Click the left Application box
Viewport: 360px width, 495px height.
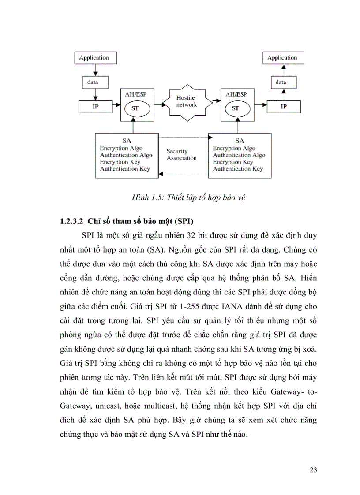coord(94,58)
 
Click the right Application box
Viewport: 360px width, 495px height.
coord(282,58)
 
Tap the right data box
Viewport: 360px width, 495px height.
coord(281,82)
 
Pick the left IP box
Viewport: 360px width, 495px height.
coord(95,107)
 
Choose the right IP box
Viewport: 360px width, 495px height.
coord(284,107)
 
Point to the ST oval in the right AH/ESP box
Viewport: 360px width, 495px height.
coord(235,108)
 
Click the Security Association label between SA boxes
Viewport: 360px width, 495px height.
coord(181,155)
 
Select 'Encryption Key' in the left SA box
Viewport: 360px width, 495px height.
coord(120,162)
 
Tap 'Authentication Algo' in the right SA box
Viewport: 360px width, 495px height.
coord(239,155)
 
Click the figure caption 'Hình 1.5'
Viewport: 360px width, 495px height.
coord(146,197)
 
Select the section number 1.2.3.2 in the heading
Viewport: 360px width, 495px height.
coord(72,220)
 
